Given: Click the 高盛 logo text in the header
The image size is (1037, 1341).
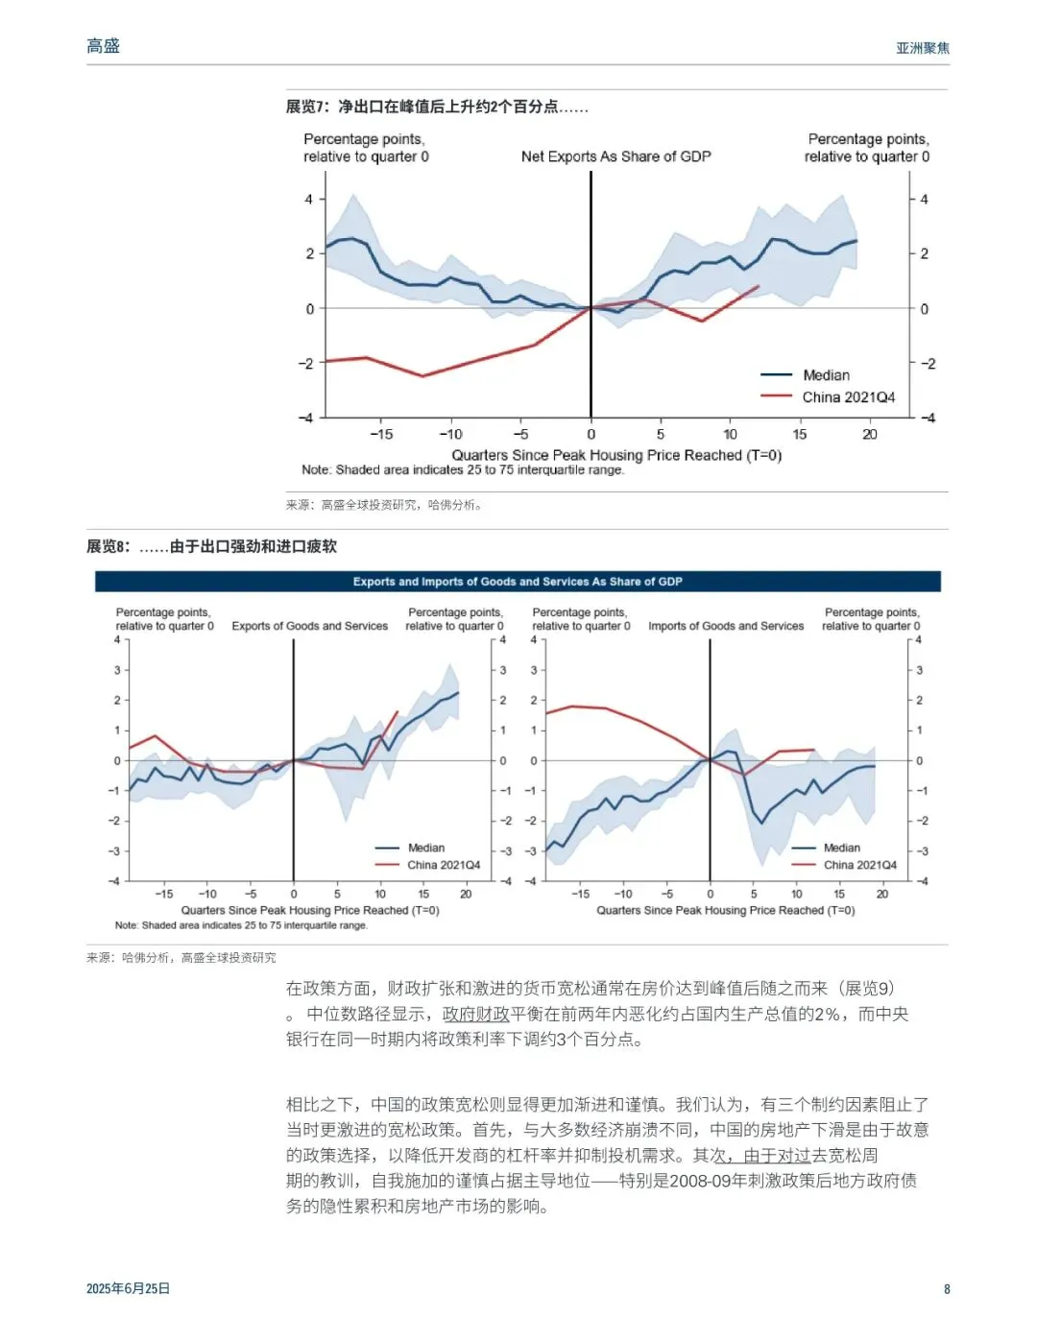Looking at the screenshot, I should (103, 46).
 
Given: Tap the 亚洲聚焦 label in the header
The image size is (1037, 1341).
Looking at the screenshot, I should (922, 48).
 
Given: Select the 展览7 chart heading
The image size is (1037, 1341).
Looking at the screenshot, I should (437, 107).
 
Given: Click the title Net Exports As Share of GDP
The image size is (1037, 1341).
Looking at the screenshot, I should (615, 156).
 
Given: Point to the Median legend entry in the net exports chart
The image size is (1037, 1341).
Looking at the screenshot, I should (826, 375).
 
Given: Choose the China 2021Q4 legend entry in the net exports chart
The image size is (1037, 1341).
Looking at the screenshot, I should (848, 397).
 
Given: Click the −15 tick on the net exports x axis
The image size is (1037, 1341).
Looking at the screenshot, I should (381, 435).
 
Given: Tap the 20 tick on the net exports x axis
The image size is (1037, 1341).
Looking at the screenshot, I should (869, 435).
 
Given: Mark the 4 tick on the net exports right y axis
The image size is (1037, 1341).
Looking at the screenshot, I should (924, 200).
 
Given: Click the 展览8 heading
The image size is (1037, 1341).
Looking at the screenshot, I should (211, 546).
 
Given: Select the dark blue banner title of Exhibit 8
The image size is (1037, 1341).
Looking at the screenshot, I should (518, 582).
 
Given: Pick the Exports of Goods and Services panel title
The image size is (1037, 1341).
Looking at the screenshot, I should (310, 626).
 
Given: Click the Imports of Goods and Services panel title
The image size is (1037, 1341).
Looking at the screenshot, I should (726, 626).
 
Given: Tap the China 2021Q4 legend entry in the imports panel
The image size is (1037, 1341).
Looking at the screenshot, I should (859, 865).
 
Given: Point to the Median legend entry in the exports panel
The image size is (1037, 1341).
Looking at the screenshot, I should (425, 848).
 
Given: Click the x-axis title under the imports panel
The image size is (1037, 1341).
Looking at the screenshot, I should (725, 910).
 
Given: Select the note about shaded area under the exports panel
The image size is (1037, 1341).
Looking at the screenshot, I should (241, 925).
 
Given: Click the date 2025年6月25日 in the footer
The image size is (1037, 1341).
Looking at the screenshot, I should (128, 1288).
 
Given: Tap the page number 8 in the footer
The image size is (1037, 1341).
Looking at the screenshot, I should (947, 1289).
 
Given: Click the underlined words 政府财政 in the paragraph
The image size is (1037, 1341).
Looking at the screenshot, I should (475, 1014).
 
